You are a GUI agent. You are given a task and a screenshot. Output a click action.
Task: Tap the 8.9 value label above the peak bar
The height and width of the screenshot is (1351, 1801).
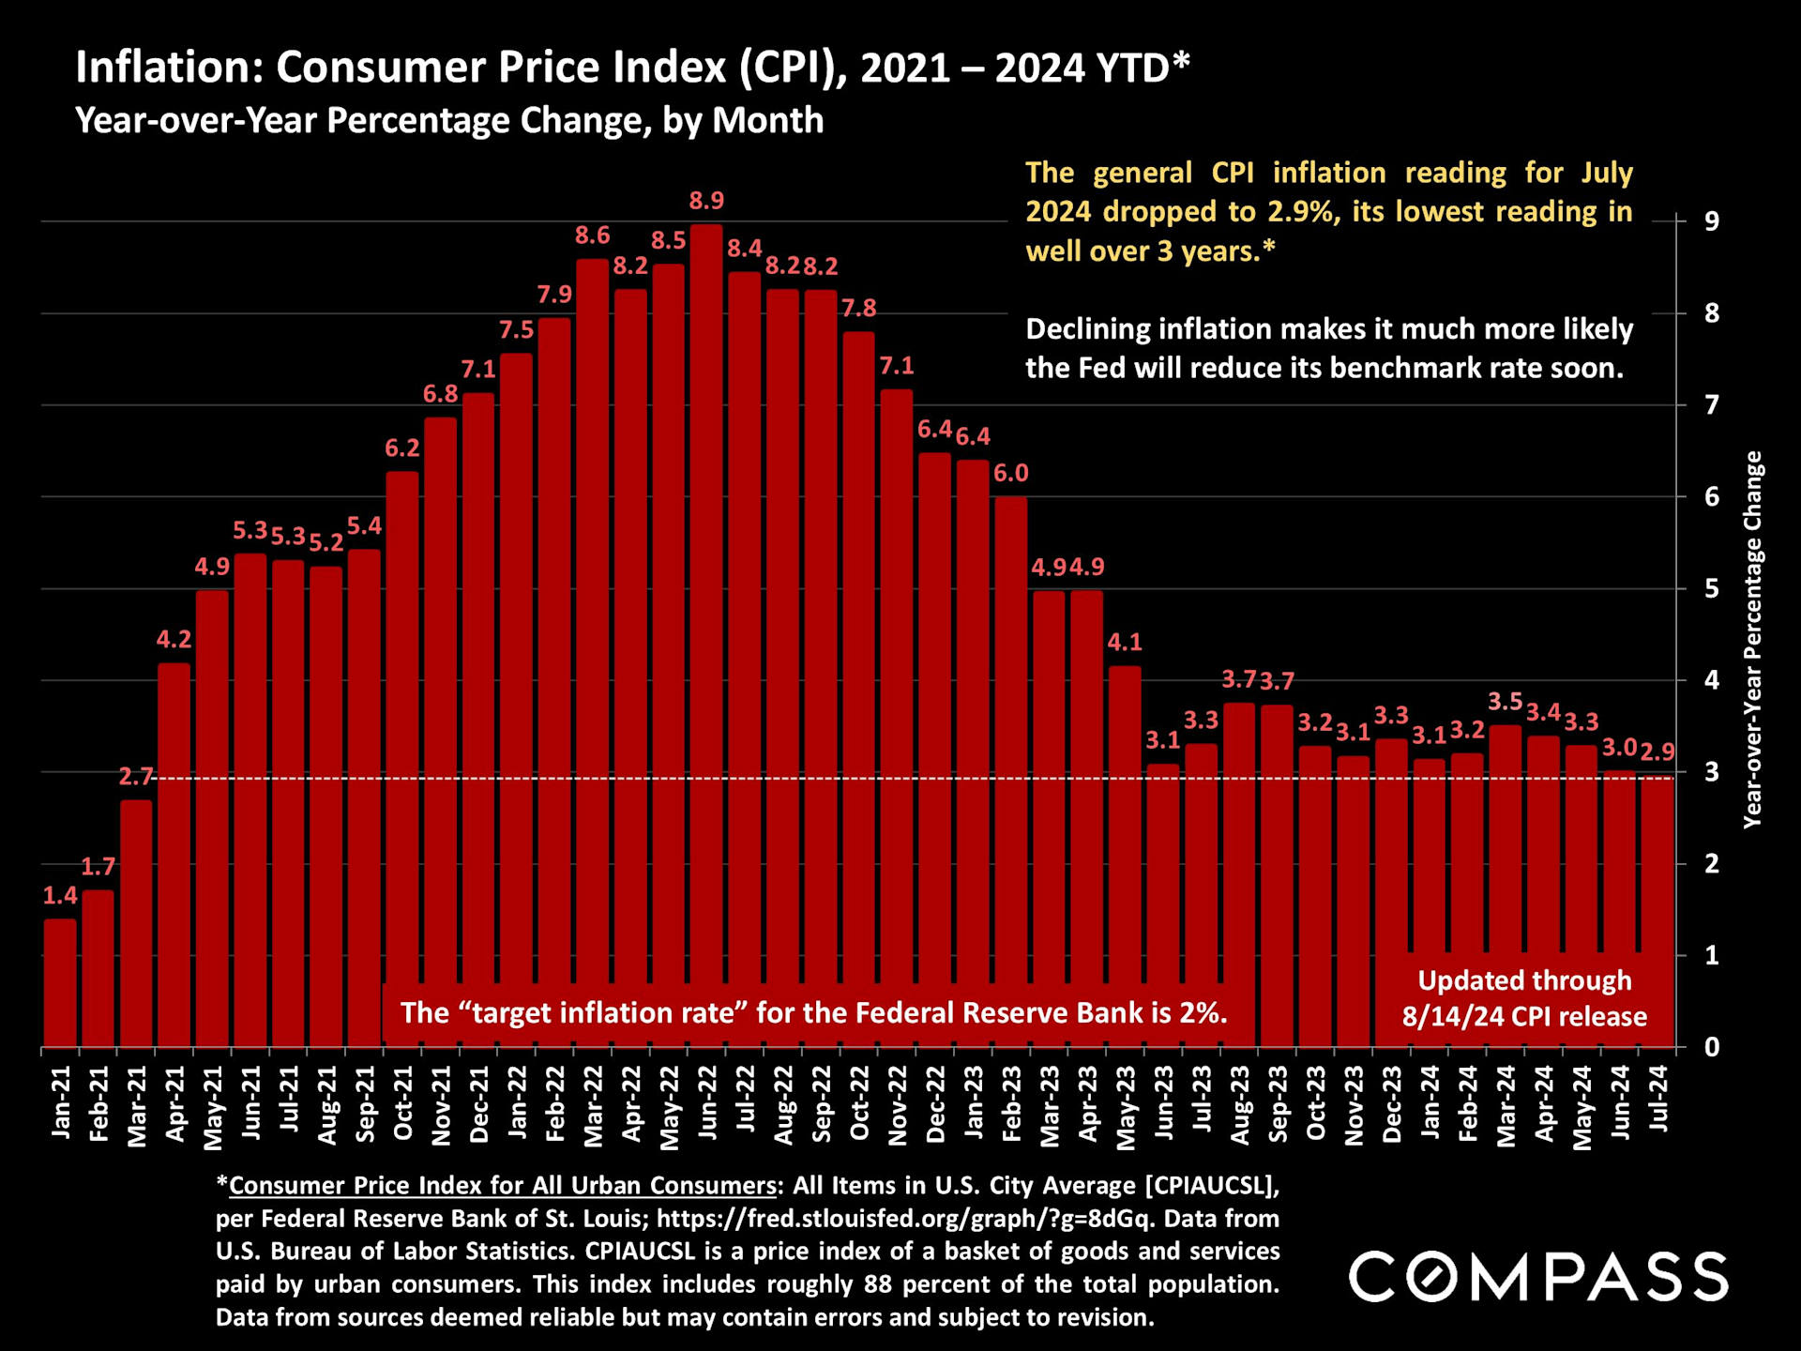[x=706, y=201]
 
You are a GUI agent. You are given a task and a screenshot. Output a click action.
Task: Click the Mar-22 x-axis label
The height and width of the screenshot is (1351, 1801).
[x=593, y=1106]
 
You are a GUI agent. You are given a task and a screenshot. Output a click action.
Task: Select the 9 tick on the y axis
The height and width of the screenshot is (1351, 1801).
[x=1712, y=221]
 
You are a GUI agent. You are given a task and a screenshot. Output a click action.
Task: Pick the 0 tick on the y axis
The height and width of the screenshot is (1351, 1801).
[x=1712, y=1047]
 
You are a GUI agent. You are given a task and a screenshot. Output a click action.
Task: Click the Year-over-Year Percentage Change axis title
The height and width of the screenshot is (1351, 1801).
[x=1752, y=639]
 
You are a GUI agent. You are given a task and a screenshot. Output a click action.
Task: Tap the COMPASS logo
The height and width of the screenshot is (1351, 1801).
[x=1538, y=1277]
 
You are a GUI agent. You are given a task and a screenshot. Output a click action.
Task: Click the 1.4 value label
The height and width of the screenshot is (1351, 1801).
[x=60, y=896]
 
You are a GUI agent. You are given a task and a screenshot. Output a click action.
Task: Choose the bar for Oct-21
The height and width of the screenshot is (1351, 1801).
[x=402, y=751]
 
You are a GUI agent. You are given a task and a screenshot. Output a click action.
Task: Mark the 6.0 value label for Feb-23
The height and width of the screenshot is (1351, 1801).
[x=1011, y=474]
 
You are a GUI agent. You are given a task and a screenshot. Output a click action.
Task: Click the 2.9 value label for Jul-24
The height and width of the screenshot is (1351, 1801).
[x=1657, y=752]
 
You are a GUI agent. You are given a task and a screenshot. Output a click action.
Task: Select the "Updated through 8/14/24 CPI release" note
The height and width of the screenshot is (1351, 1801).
[x=1524, y=998]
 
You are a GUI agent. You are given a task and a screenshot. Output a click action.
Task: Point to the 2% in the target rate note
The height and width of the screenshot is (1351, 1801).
[x=1203, y=1013]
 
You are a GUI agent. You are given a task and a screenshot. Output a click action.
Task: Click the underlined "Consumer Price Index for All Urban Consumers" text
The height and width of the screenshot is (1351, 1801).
[x=503, y=1186]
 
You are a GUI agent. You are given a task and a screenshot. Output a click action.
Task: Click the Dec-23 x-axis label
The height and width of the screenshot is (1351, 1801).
[x=1392, y=1104]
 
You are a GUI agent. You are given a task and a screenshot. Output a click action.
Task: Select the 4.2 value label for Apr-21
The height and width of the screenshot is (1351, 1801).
[x=174, y=640]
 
